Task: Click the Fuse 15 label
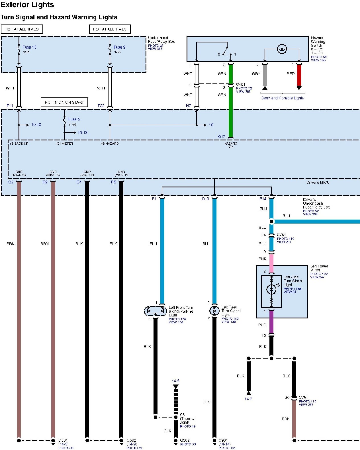(29, 47)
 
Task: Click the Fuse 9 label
(119, 47)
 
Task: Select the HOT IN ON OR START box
(64, 102)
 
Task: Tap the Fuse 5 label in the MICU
(74, 119)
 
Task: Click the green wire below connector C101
(231, 114)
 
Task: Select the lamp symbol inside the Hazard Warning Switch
(282, 49)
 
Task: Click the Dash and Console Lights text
(283, 98)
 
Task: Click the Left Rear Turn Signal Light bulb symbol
(214, 310)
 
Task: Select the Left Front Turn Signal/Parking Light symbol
(156, 311)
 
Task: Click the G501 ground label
(63, 440)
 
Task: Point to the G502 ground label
(131, 440)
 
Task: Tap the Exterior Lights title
(27, 5)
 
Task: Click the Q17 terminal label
(221, 137)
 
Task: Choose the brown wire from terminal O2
(19, 285)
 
